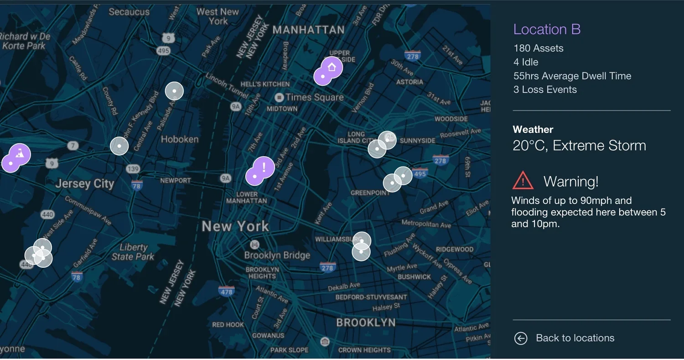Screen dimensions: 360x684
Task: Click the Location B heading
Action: coord(547,29)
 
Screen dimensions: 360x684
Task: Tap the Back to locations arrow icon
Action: coord(520,338)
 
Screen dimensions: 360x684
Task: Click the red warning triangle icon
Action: coord(523,181)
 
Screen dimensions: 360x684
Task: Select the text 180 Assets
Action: coord(538,48)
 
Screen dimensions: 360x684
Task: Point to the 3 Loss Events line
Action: coord(545,89)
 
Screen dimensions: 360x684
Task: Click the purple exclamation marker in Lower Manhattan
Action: coord(264,167)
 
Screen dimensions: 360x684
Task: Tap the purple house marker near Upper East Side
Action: coord(332,68)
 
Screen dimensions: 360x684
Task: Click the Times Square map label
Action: coord(314,97)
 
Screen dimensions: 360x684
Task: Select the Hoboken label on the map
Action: coord(180,139)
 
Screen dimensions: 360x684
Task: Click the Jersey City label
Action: coord(84,184)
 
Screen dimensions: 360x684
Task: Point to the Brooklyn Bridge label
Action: coord(277,255)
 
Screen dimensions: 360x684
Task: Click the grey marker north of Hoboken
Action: coord(174,91)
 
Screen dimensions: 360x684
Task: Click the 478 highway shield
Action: coord(226,292)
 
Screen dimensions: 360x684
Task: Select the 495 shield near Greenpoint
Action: coord(420,173)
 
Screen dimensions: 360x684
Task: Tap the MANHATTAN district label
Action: coord(308,30)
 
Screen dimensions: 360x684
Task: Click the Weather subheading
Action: coord(533,130)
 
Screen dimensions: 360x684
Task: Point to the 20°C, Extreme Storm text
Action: coord(579,146)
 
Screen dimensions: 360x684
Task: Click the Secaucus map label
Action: coord(130,12)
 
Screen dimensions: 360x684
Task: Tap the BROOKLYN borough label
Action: coord(365,323)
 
